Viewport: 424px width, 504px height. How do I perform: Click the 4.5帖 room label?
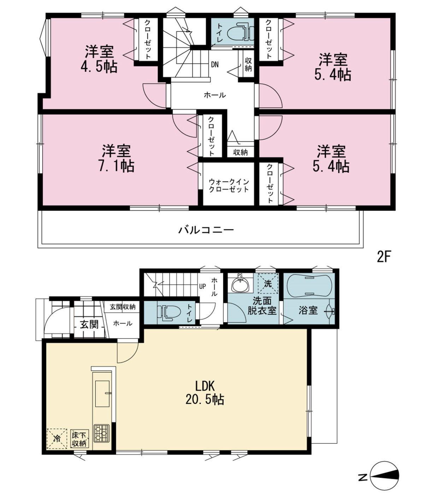(99, 59)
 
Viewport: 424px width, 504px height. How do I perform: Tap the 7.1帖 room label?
(117, 158)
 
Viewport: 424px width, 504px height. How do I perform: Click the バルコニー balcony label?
(206, 230)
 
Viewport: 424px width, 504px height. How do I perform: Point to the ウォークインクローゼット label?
(229, 185)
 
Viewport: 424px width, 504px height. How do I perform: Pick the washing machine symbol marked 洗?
(268, 283)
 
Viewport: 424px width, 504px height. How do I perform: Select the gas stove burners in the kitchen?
(101, 433)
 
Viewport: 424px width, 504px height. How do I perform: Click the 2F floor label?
(383, 257)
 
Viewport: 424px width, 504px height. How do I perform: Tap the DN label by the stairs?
(215, 64)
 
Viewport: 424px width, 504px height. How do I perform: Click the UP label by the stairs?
(202, 286)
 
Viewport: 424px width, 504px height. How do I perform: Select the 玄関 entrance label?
(89, 324)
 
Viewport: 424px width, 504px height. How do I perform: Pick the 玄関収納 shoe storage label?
(123, 307)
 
